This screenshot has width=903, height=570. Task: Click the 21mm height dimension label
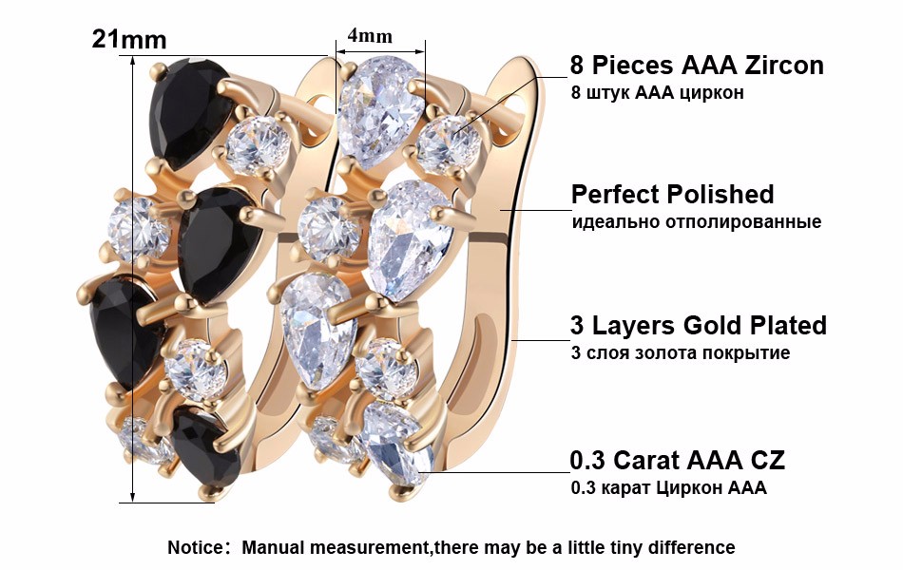coord(129,40)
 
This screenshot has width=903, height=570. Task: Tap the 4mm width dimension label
coord(370,36)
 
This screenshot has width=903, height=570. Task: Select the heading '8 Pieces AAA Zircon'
coord(697,65)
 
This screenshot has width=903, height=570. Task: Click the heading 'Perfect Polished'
coord(672,194)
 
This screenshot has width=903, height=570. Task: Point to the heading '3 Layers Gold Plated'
coord(699,325)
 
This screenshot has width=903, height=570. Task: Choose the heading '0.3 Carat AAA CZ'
coord(677,460)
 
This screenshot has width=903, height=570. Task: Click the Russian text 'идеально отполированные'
coord(696,221)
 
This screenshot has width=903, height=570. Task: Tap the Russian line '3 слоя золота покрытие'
coord(681,352)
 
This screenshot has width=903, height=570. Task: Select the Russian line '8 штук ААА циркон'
coord(657,92)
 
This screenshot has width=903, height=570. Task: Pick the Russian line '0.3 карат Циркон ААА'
coord(668,487)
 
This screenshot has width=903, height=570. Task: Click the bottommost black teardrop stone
coord(204,446)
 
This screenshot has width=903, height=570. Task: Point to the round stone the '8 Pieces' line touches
coord(448,142)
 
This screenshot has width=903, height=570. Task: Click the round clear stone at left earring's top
coord(258,144)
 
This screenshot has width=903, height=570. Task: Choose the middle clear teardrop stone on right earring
coord(410,240)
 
